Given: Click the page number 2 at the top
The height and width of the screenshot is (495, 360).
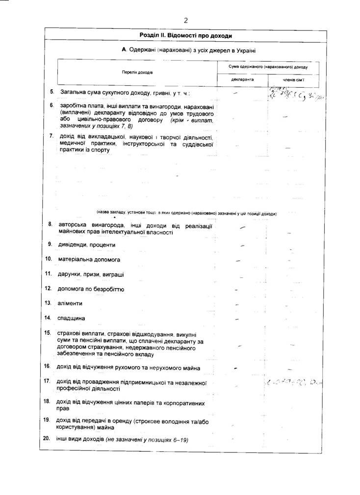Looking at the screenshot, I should (186, 20).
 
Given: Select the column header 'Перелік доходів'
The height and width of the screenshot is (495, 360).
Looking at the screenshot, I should (137, 72).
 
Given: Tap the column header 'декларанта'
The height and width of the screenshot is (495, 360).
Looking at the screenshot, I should (242, 79).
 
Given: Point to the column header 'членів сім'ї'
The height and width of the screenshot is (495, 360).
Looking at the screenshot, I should (294, 79).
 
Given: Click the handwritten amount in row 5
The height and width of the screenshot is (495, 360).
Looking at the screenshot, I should (296, 93).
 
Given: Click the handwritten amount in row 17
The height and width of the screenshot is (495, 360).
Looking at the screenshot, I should (296, 381).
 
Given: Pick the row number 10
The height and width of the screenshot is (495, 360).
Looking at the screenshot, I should (49, 259).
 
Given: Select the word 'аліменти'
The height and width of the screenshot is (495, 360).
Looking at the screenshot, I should (71, 303).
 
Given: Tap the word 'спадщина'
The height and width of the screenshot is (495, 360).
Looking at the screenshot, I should (72, 318).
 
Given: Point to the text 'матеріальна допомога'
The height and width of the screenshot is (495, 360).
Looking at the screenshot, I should (89, 259).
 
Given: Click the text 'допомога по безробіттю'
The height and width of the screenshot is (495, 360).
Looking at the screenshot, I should (91, 289).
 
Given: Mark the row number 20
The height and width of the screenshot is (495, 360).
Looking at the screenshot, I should (47, 438).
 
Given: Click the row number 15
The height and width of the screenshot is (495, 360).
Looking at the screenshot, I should (48, 333).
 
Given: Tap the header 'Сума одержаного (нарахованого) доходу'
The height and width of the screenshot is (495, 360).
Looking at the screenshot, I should (268, 67).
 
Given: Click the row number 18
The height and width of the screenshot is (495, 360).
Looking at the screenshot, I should (48, 401).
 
